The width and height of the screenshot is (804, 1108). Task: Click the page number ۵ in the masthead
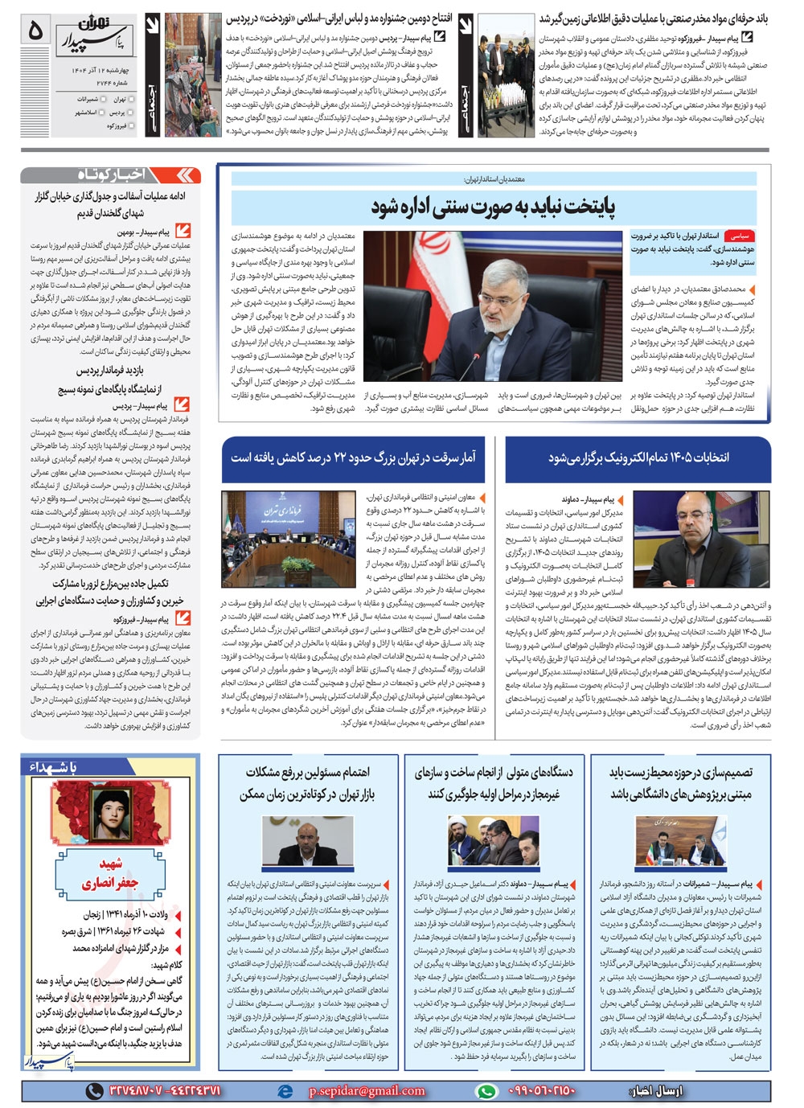(35, 31)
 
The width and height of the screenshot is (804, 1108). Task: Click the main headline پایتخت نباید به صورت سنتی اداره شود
(493, 207)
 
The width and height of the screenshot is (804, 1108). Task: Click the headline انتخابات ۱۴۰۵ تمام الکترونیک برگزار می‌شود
(638, 458)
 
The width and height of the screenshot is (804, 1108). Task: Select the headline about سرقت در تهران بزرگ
(353, 458)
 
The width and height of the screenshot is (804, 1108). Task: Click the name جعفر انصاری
(110, 882)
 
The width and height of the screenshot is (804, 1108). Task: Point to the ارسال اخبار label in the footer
(655, 1091)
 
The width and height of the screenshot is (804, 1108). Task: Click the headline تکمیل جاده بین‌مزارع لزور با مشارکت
(110, 584)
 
